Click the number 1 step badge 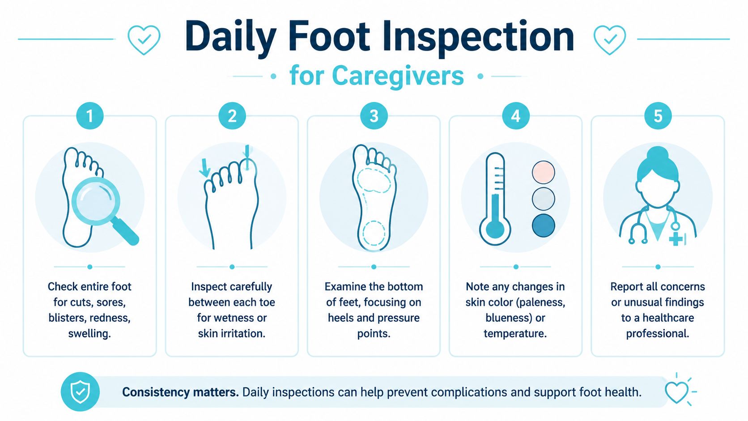coord(89,116)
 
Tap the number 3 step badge coord(374,116)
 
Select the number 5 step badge coord(658,116)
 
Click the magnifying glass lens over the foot coord(95,201)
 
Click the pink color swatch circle coord(543,172)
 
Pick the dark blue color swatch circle coord(543,225)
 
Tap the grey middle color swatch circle coord(543,199)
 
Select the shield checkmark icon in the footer coord(80,391)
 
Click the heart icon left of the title coord(144,40)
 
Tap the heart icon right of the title coord(609,40)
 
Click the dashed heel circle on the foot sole coord(374,233)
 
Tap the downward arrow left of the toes coord(204,168)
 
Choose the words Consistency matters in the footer coord(180,392)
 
